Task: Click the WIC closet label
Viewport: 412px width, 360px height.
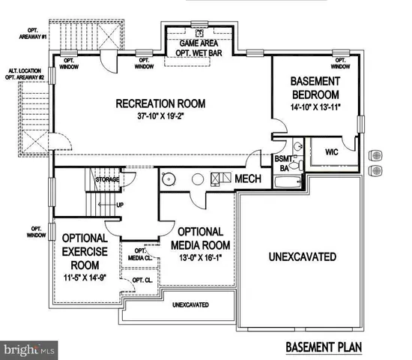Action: coord(333,152)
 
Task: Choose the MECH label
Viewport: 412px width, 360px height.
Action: coord(248,179)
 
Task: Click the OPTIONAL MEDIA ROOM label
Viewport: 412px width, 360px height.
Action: coord(200,238)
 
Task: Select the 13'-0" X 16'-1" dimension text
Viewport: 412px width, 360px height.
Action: coord(200,258)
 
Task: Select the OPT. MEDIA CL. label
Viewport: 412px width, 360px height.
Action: coord(141,255)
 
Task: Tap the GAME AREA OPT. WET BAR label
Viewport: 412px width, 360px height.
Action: coord(198,48)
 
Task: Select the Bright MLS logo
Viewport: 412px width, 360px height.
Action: coord(28,349)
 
